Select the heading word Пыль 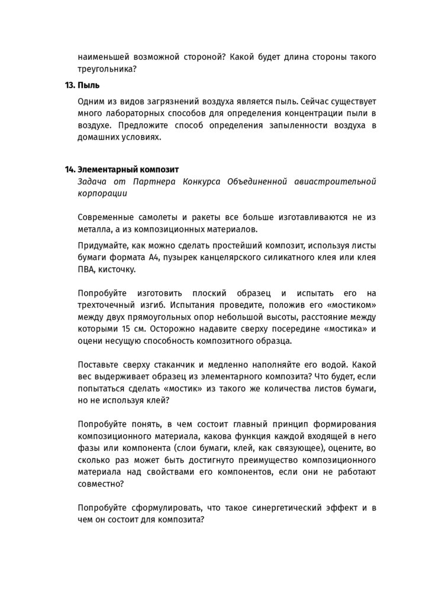coord(88,85)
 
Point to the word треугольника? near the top coord(107,69)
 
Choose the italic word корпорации coord(101,193)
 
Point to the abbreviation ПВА coord(88,269)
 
